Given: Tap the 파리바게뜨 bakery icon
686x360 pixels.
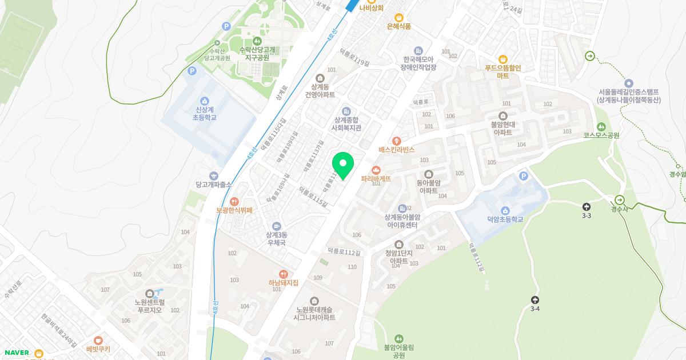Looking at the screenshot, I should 376,170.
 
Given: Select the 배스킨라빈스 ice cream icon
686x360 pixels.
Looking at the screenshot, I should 397,141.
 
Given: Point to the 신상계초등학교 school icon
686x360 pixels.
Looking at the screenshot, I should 205,101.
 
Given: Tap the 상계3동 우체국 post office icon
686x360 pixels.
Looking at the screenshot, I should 277,226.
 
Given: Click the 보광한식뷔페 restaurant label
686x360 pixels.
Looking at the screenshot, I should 234,210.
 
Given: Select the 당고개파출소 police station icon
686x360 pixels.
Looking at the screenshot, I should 214,176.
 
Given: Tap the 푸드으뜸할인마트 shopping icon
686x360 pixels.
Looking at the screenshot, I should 503,59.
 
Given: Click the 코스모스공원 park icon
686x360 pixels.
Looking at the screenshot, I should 601,127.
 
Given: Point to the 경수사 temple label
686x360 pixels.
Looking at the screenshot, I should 619,209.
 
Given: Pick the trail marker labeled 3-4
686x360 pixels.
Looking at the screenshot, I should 535,300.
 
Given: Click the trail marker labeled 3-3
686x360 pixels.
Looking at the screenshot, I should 586,206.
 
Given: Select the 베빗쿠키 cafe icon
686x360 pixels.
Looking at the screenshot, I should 98,341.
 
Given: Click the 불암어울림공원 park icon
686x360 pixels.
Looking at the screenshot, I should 398,339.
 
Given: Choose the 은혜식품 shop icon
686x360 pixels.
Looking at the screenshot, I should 399,17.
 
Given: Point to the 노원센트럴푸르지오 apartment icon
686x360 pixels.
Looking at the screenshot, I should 149,294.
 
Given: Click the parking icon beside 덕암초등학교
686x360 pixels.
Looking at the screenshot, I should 523,177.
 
